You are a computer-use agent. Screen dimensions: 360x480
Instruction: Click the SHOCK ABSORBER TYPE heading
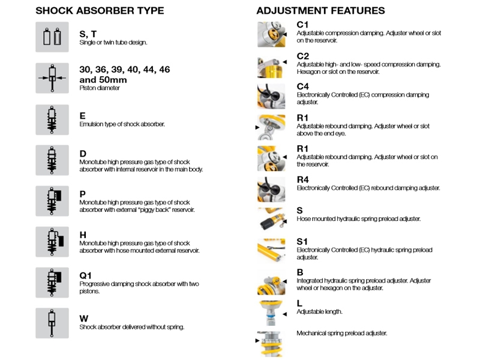pyautogui.click(x=100, y=11)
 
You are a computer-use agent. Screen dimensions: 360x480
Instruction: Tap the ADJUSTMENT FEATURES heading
pyautogui.click(x=320, y=11)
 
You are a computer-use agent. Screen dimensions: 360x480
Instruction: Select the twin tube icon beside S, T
pyautogui.click(x=52, y=37)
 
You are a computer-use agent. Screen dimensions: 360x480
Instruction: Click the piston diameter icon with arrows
pyautogui.click(x=52, y=78)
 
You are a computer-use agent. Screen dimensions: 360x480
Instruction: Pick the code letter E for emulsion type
pyautogui.click(x=83, y=116)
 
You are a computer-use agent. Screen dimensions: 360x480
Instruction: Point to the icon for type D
pyautogui.click(x=52, y=160)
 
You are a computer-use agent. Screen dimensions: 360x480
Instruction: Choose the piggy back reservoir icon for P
pyautogui.click(x=52, y=201)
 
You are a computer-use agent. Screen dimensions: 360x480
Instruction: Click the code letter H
pyautogui.click(x=83, y=235)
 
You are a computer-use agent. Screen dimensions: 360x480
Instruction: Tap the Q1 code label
pyautogui.click(x=86, y=275)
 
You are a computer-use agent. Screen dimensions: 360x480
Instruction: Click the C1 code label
pyautogui.click(x=303, y=25)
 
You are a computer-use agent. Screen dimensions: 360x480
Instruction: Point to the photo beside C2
pyautogui.click(x=271, y=64)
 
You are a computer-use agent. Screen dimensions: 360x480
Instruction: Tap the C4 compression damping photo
pyautogui.click(x=271, y=95)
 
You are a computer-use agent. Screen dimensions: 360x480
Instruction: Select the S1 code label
pyautogui.click(x=302, y=242)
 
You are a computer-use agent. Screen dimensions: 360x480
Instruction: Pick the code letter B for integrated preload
pyautogui.click(x=300, y=272)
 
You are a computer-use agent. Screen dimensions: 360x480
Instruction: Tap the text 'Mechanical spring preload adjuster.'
pyautogui.click(x=341, y=332)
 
